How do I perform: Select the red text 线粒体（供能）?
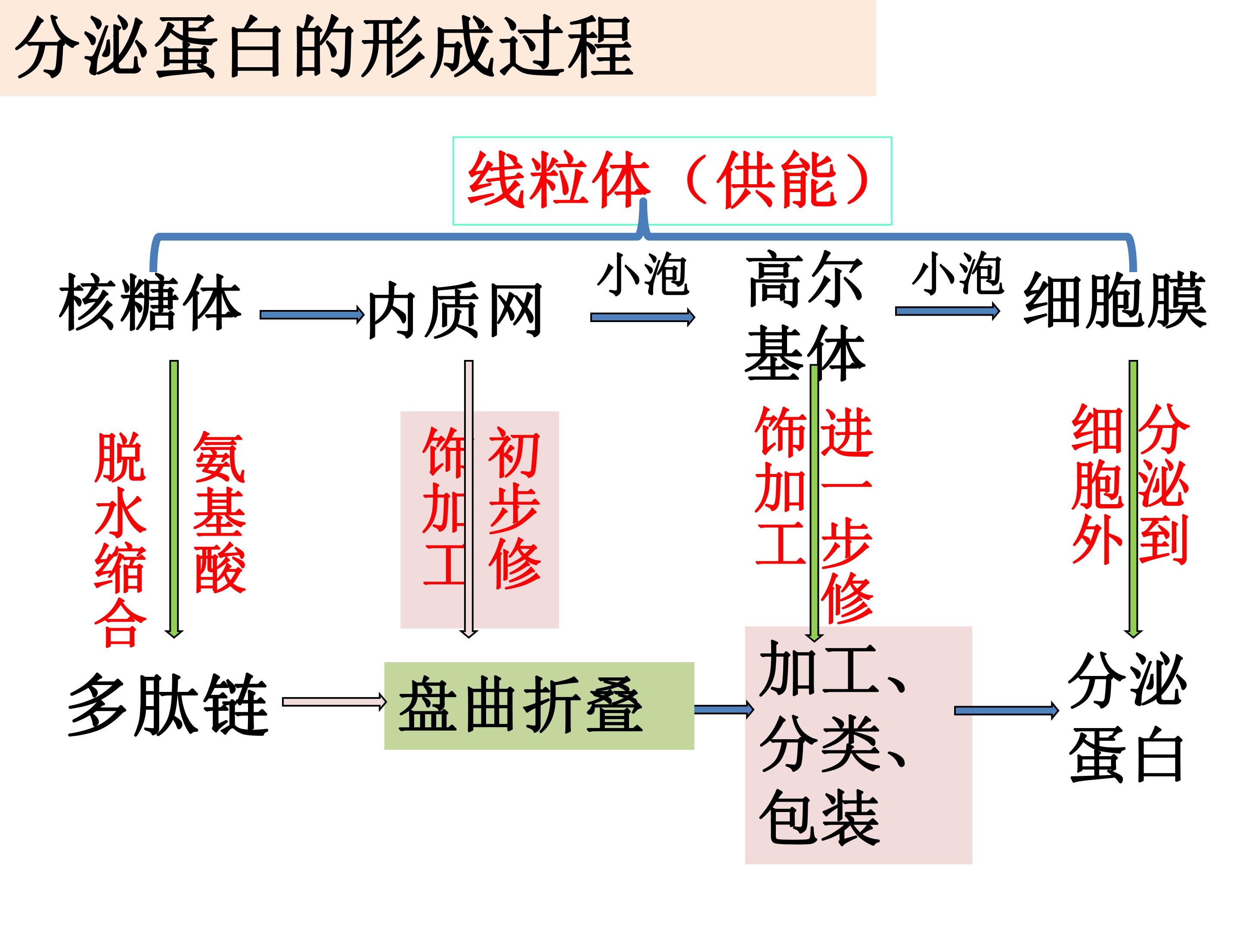point(670,180)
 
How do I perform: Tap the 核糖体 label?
point(150,302)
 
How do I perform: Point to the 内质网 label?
point(455,310)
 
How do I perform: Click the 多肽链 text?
point(168,705)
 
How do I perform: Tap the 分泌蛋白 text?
point(1127,718)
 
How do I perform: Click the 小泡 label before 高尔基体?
point(643,275)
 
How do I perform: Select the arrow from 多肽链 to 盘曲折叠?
point(335,702)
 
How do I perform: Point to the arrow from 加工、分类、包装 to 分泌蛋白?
point(1007,711)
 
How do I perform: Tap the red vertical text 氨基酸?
point(219,512)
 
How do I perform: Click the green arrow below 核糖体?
point(174,499)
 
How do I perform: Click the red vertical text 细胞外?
point(1097,485)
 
